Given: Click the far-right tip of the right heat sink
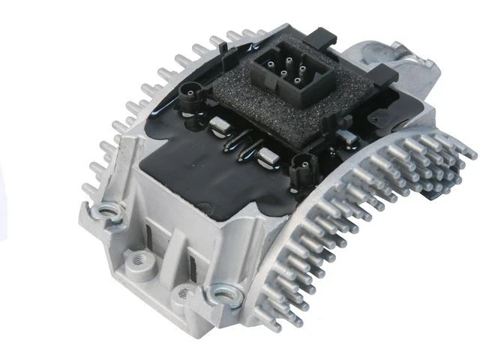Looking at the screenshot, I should pos(470,154).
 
